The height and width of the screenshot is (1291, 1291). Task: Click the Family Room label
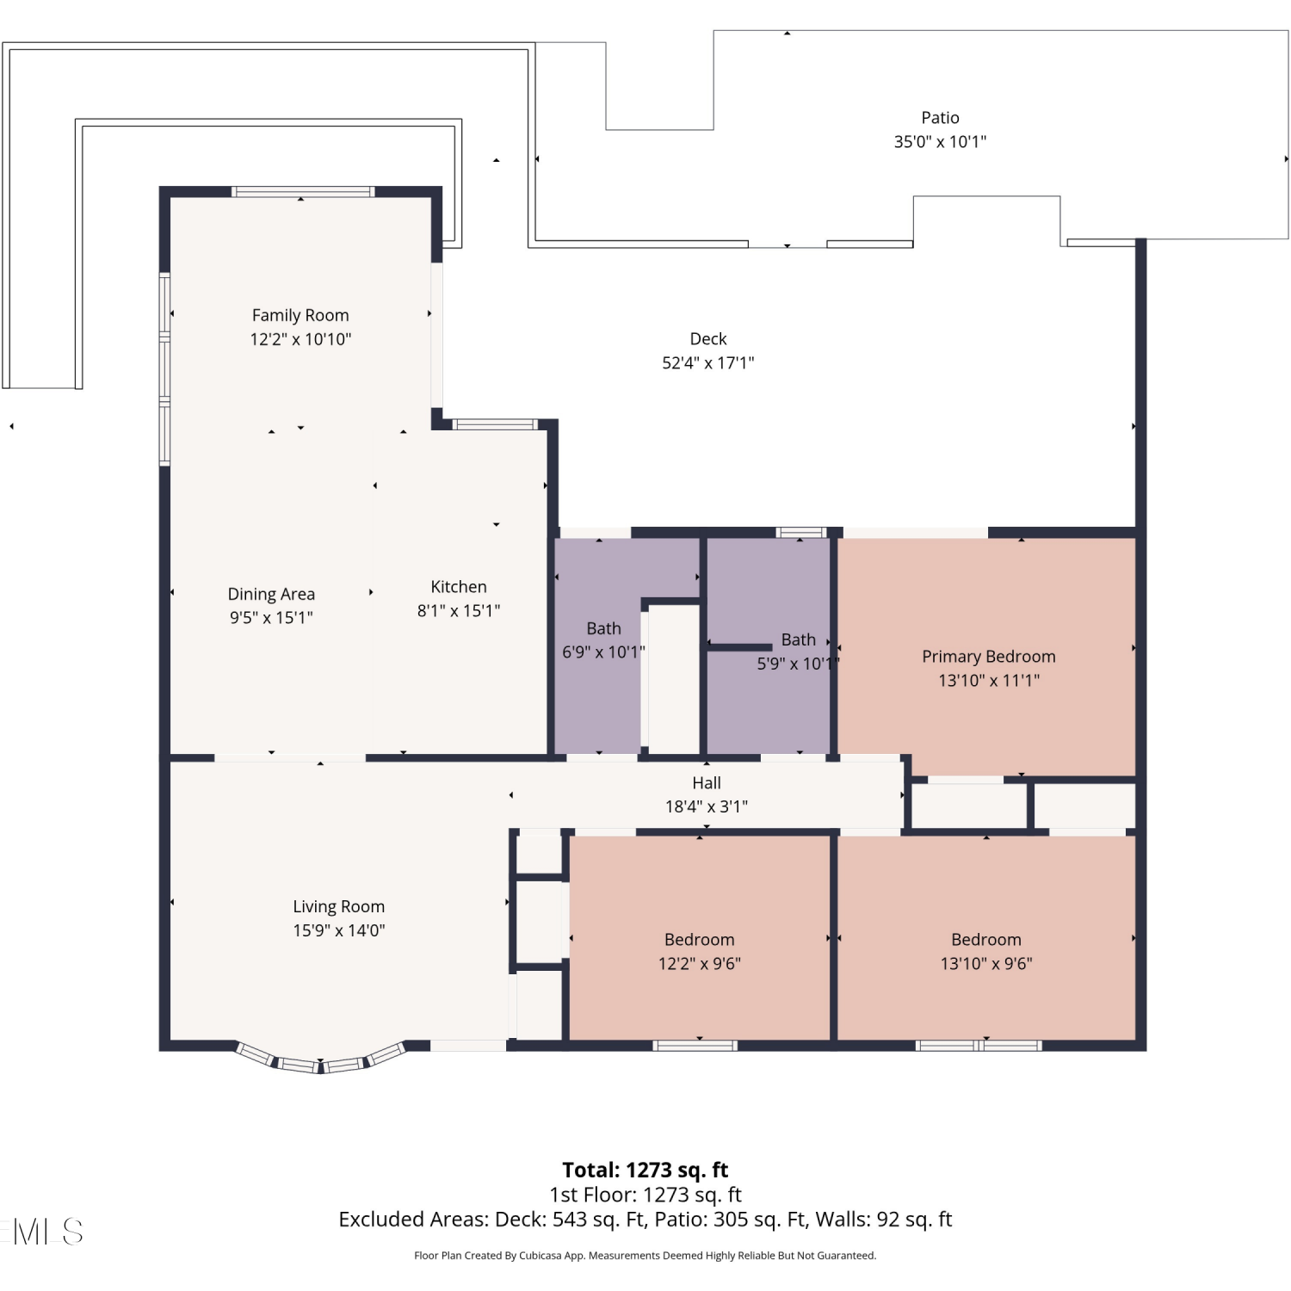click(x=300, y=315)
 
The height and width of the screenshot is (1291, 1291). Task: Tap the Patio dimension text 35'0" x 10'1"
click(x=940, y=141)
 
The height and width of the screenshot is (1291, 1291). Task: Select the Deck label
click(x=708, y=339)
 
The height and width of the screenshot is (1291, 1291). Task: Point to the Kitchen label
click(x=459, y=587)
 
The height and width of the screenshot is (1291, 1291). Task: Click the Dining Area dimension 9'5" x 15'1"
click(x=271, y=617)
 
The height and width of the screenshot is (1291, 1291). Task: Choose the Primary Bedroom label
click(x=989, y=657)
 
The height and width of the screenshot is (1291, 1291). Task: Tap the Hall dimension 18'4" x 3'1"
click(x=707, y=806)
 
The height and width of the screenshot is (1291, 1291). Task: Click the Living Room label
click(x=338, y=906)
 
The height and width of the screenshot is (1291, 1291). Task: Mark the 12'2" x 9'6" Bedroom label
click(x=700, y=940)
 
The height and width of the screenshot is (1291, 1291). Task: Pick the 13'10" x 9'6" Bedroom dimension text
click(x=986, y=963)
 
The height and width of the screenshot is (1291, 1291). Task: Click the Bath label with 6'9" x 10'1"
click(x=603, y=628)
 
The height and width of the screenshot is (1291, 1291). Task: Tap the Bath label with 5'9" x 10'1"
click(x=798, y=639)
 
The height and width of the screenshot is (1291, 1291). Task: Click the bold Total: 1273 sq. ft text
click(x=645, y=1170)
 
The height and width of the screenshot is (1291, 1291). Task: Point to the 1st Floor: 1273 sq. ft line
click(x=645, y=1195)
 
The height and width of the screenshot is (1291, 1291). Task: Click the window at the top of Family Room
click(x=303, y=191)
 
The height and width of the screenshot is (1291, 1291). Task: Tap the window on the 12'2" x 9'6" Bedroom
click(x=695, y=1046)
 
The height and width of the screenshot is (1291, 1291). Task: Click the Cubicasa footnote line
click(x=645, y=1256)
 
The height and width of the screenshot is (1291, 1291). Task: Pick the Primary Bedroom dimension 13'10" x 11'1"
click(x=989, y=681)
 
